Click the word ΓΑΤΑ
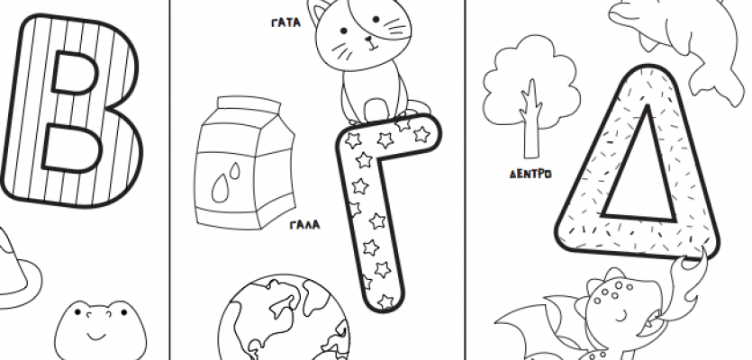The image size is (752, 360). (x=285, y=22)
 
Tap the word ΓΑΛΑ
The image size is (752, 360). (x=304, y=225)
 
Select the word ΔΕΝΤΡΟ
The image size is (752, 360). (x=530, y=174)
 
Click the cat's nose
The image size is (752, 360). (x=369, y=40)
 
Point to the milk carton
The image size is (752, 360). (x=245, y=162)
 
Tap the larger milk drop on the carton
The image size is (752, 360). (x=220, y=188)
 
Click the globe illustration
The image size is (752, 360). (x=284, y=318)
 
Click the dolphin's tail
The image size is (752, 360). (x=712, y=84)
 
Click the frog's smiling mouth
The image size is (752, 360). (x=96, y=335)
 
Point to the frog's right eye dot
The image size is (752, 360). (x=124, y=312)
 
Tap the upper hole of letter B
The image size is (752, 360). (x=75, y=73)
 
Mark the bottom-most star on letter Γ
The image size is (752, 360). (x=385, y=302)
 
